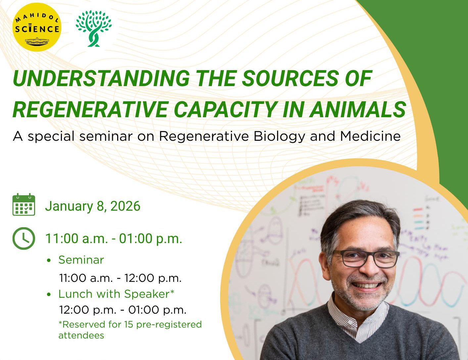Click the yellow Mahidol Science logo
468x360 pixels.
coord(37,27)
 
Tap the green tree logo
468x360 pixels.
coord(94,28)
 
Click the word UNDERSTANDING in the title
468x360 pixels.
coord(101,78)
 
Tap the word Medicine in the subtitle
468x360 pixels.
coord(370,136)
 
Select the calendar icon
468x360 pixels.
coord(24,204)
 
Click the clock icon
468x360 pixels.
coord(24,238)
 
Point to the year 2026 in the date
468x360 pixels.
coord(125,206)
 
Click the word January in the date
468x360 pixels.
coord(69,207)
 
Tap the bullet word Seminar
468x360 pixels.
coord(81,260)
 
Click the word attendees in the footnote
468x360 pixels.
coord(81,335)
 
